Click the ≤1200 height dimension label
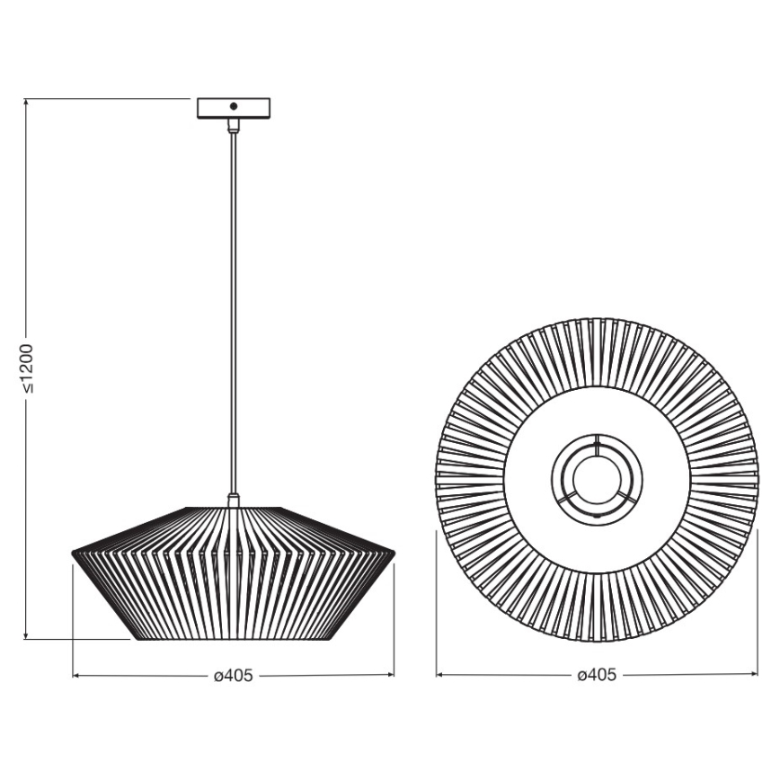pyautogui.click(x=27, y=368)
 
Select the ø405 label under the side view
pyautogui.click(x=234, y=676)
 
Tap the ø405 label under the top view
pyautogui.click(x=597, y=676)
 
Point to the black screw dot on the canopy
pyautogui.click(x=234, y=106)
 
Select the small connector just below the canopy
pyautogui.click(x=234, y=126)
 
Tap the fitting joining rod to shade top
pyautogui.click(x=234, y=500)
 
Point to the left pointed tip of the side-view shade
pyautogui.click(x=73, y=553)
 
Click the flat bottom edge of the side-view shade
pyautogui.click(x=234, y=639)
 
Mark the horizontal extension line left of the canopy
pyautogui.click(x=108, y=98)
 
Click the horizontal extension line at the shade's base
pyautogui.click(x=81, y=639)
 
